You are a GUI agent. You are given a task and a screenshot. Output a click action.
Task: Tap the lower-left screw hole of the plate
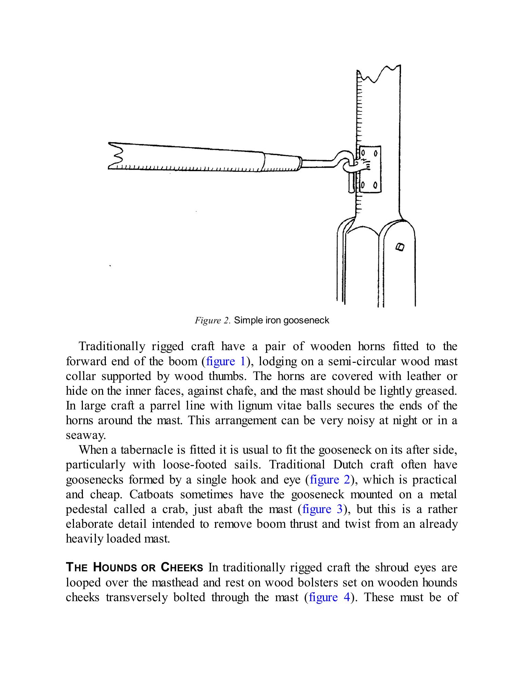(363, 186)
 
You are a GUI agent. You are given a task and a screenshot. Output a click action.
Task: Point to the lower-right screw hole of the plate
(375, 186)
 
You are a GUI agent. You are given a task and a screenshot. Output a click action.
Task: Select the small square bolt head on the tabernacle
(400, 247)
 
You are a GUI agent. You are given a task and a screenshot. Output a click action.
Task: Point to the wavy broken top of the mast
(378, 74)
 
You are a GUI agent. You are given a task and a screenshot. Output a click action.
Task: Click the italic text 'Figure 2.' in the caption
(212, 321)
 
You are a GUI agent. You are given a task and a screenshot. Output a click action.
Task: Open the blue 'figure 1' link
(226, 361)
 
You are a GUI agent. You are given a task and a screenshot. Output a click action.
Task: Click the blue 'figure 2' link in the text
(330, 479)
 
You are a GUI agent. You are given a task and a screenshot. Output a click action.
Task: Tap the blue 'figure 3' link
(322, 509)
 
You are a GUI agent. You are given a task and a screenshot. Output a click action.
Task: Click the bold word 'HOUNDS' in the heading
(115, 568)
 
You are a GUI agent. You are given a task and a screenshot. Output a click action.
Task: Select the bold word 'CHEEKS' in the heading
(182, 568)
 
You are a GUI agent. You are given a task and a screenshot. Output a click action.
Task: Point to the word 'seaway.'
(86, 435)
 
